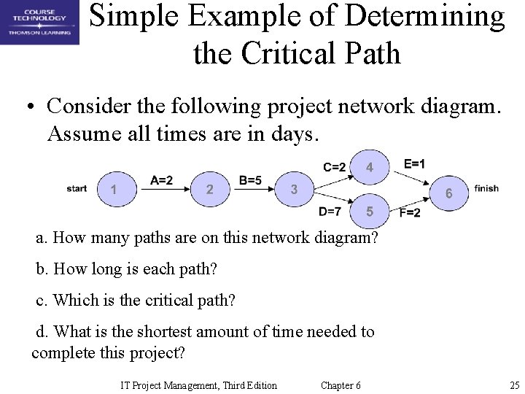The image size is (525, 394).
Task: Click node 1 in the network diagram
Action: (x=112, y=190)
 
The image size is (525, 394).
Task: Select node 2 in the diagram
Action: (x=209, y=190)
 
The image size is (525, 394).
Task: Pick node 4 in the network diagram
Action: (x=370, y=167)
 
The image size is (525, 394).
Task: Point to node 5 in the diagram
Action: (x=370, y=212)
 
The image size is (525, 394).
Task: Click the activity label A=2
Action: (x=161, y=180)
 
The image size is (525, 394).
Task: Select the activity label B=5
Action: (x=251, y=180)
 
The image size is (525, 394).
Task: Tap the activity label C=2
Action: (x=334, y=166)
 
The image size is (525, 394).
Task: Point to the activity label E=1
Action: (x=415, y=163)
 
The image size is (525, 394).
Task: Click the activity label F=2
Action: (x=410, y=213)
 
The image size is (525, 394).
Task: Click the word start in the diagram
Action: (x=77, y=189)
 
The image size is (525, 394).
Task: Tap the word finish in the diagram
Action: (x=486, y=188)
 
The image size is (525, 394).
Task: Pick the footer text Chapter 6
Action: (x=341, y=385)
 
